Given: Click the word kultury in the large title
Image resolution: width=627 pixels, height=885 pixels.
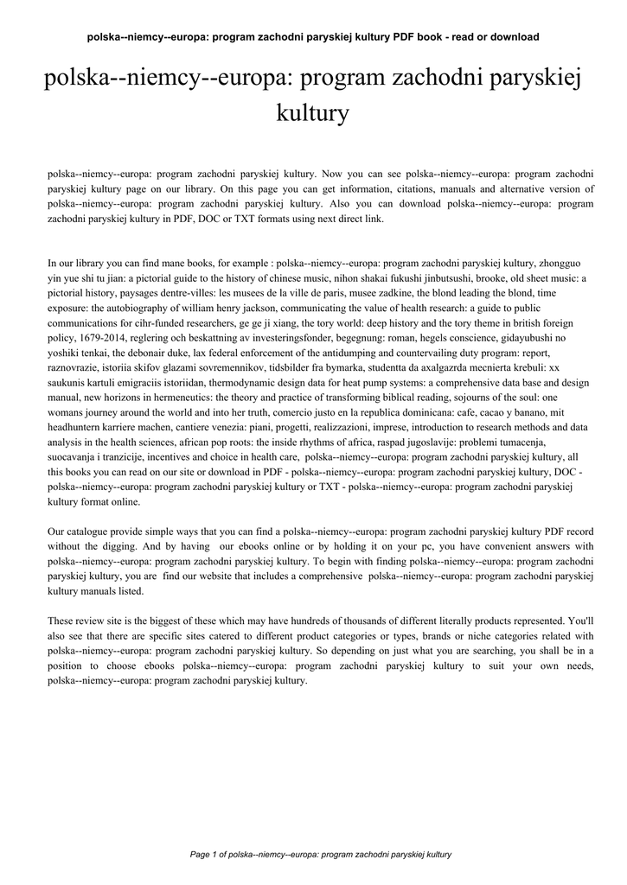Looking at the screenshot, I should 312,112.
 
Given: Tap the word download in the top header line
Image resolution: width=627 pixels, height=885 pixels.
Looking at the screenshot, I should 515,36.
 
